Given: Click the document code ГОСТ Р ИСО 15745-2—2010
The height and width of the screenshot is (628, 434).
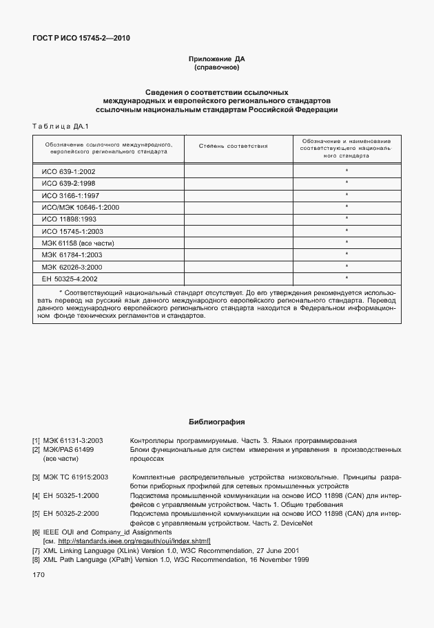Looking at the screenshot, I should coord(81,38).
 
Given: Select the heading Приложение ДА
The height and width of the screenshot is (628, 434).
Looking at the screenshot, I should coord(217,59).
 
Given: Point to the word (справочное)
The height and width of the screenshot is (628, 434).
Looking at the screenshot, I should coord(217,68).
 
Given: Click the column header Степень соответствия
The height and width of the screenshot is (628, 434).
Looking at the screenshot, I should coord(233,147).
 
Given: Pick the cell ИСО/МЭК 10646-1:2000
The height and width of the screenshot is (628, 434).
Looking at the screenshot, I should coord(81,206).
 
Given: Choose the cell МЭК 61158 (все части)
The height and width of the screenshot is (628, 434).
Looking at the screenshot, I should coord(76,243).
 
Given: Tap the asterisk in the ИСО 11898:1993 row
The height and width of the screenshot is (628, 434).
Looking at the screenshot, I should coord(347,218).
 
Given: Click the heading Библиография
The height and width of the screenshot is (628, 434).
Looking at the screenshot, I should coord(217,422).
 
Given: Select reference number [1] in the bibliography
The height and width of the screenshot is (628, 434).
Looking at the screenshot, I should coord(36,440).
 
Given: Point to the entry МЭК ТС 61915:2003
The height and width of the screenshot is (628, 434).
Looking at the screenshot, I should coord(75,477).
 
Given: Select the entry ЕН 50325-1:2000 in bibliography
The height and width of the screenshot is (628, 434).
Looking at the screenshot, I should coord(71,495).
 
